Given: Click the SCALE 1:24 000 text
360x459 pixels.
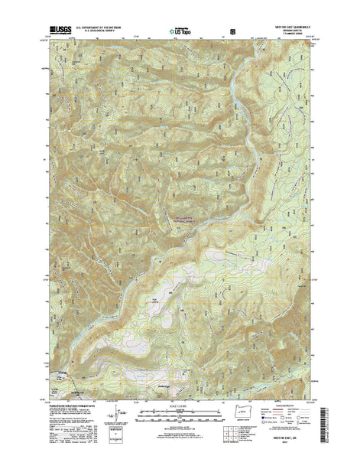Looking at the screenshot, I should click(x=179, y=405).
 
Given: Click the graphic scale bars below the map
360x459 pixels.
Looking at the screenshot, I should click(x=179, y=416).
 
